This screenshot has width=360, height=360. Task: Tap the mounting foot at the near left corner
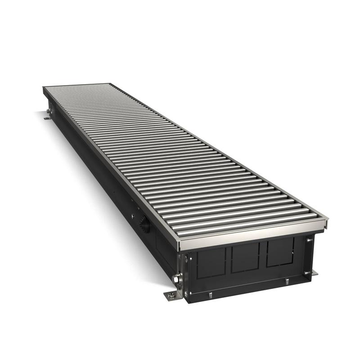(171, 295)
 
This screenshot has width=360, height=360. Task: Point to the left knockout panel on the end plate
(210, 261)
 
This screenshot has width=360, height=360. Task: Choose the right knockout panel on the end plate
(280, 253)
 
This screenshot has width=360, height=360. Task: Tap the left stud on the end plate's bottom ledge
(210, 295)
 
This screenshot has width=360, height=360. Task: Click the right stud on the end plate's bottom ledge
(287, 282)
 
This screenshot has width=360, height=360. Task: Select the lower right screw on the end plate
(308, 273)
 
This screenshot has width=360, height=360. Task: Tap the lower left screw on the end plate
(190, 292)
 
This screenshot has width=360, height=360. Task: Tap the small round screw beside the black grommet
(133, 216)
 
